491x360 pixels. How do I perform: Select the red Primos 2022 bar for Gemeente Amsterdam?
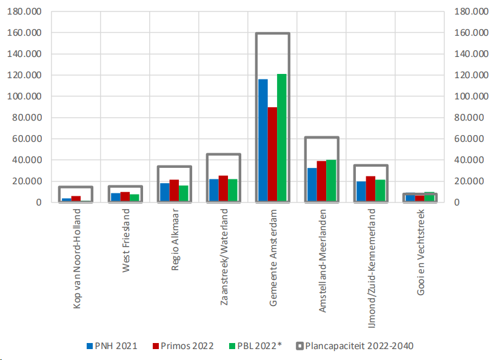point(273,154)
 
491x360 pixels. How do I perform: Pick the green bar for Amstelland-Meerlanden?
point(331,181)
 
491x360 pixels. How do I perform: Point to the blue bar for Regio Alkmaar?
point(165,192)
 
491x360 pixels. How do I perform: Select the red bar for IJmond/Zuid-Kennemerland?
point(371,188)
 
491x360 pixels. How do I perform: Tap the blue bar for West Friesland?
point(116,197)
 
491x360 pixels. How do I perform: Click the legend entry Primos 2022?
point(187,346)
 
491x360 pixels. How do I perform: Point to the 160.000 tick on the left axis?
point(24,33)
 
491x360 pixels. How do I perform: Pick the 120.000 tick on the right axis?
point(467,75)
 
